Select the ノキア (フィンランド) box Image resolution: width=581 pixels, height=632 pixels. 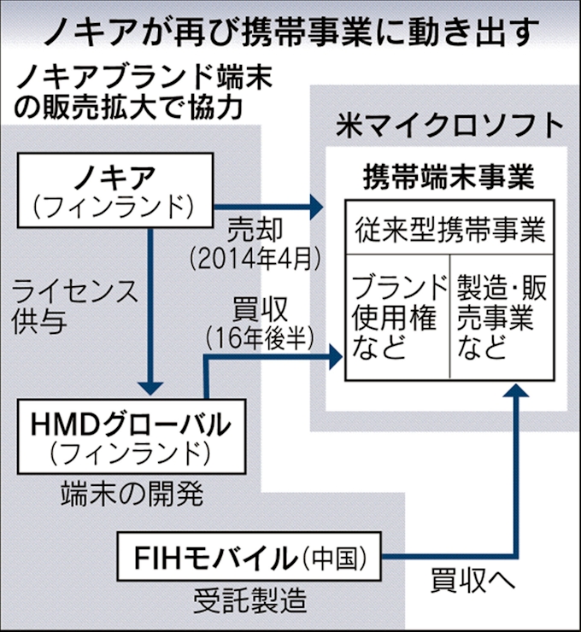tap(115, 192)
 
